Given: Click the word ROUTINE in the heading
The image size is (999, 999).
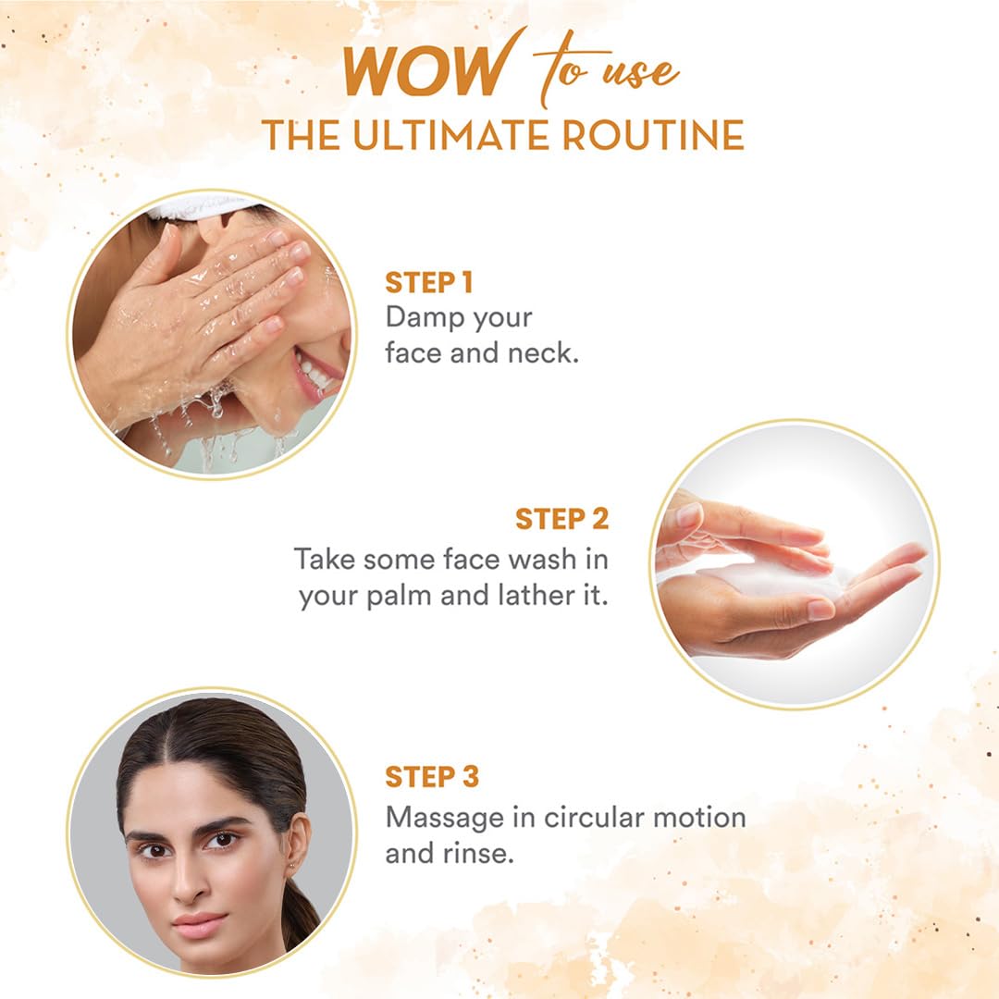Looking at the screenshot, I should point(658,135).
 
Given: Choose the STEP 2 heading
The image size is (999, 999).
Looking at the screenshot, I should point(562,519).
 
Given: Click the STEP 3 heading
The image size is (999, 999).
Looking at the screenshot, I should point(433,777).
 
